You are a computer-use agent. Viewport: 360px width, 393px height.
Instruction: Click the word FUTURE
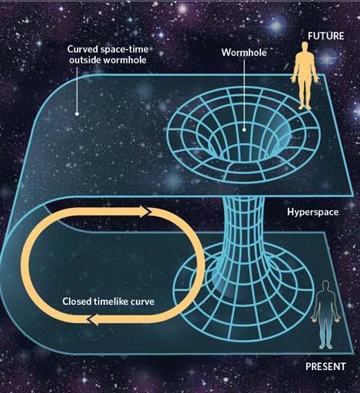[x=325, y=36]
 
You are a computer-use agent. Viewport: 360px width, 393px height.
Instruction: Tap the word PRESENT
[x=325, y=366]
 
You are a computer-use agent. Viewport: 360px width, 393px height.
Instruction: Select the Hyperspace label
[x=312, y=213]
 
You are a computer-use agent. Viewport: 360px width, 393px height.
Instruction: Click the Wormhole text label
[x=244, y=53]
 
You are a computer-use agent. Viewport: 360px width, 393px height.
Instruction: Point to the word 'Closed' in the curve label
[x=77, y=301]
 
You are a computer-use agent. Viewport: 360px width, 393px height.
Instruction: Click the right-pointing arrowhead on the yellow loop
[x=145, y=212]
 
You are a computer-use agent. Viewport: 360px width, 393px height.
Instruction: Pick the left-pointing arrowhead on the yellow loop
[x=92, y=319]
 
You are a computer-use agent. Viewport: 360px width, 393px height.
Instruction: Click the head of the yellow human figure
[x=305, y=47]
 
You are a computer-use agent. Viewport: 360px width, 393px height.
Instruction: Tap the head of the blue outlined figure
[x=325, y=286]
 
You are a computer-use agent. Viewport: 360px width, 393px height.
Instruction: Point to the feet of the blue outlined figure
[x=325, y=346]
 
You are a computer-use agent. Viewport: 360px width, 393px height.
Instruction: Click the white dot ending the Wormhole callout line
[x=244, y=130]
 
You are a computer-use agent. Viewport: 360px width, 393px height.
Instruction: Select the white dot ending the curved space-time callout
[x=77, y=114]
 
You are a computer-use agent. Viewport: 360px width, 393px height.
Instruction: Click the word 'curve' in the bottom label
[x=142, y=302]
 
